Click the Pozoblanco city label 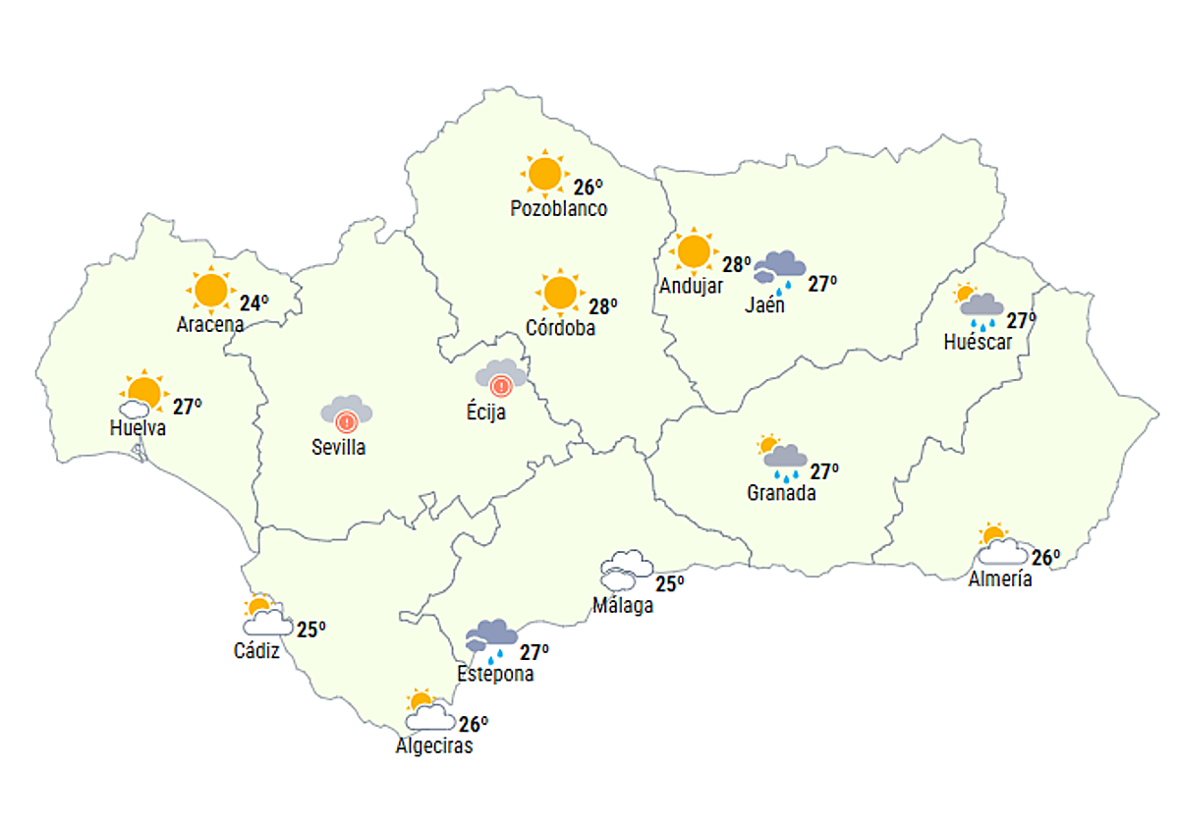(x=558, y=209)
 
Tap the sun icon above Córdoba (x=560, y=293)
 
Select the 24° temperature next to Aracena (x=253, y=303)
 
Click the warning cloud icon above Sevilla (x=347, y=413)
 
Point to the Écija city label (x=486, y=412)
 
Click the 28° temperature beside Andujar (x=737, y=264)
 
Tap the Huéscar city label (x=977, y=343)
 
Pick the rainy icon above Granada (x=783, y=458)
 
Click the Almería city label (x=1000, y=578)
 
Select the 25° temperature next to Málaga (x=670, y=583)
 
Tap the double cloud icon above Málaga (x=626, y=570)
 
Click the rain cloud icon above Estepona (x=491, y=639)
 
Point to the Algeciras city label (x=434, y=746)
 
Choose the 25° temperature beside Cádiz (x=310, y=630)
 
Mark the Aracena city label (x=210, y=324)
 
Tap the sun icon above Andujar (x=694, y=251)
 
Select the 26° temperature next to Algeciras (x=474, y=725)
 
